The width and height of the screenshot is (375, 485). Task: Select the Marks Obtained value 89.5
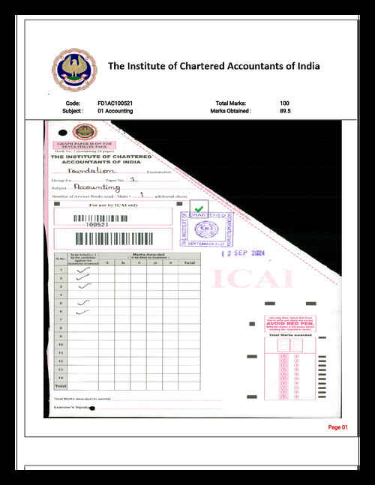click(285, 111)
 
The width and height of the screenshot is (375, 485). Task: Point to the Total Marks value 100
click(284, 103)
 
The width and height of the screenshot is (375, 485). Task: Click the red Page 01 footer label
click(338, 427)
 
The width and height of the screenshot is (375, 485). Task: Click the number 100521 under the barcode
click(97, 224)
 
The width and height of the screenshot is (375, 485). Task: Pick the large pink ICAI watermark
click(243, 279)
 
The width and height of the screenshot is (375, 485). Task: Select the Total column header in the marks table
click(190, 263)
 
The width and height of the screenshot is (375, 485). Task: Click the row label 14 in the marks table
click(60, 377)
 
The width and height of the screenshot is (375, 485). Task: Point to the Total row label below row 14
click(60, 385)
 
